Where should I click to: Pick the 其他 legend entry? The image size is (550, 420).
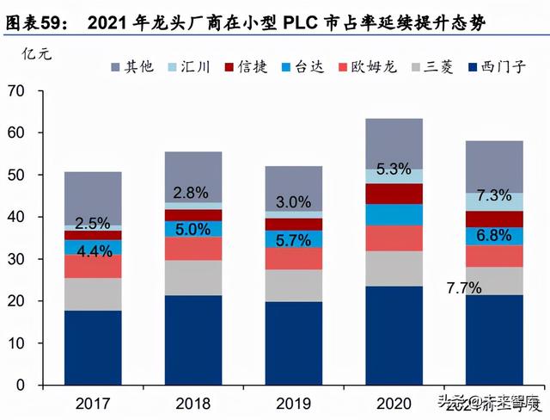click(x=132, y=66)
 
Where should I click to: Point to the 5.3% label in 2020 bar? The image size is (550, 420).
click(x=394, y=169)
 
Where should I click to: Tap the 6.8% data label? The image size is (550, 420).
click(x=492, y=235)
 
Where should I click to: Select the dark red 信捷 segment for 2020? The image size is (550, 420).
click(x=394, y=194)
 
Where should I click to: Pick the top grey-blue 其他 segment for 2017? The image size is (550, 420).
click(x=92, y=197)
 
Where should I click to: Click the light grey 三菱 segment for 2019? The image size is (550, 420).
click(x=293, y=285)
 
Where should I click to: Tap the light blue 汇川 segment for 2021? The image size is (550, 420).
click(x=494, y=201)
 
